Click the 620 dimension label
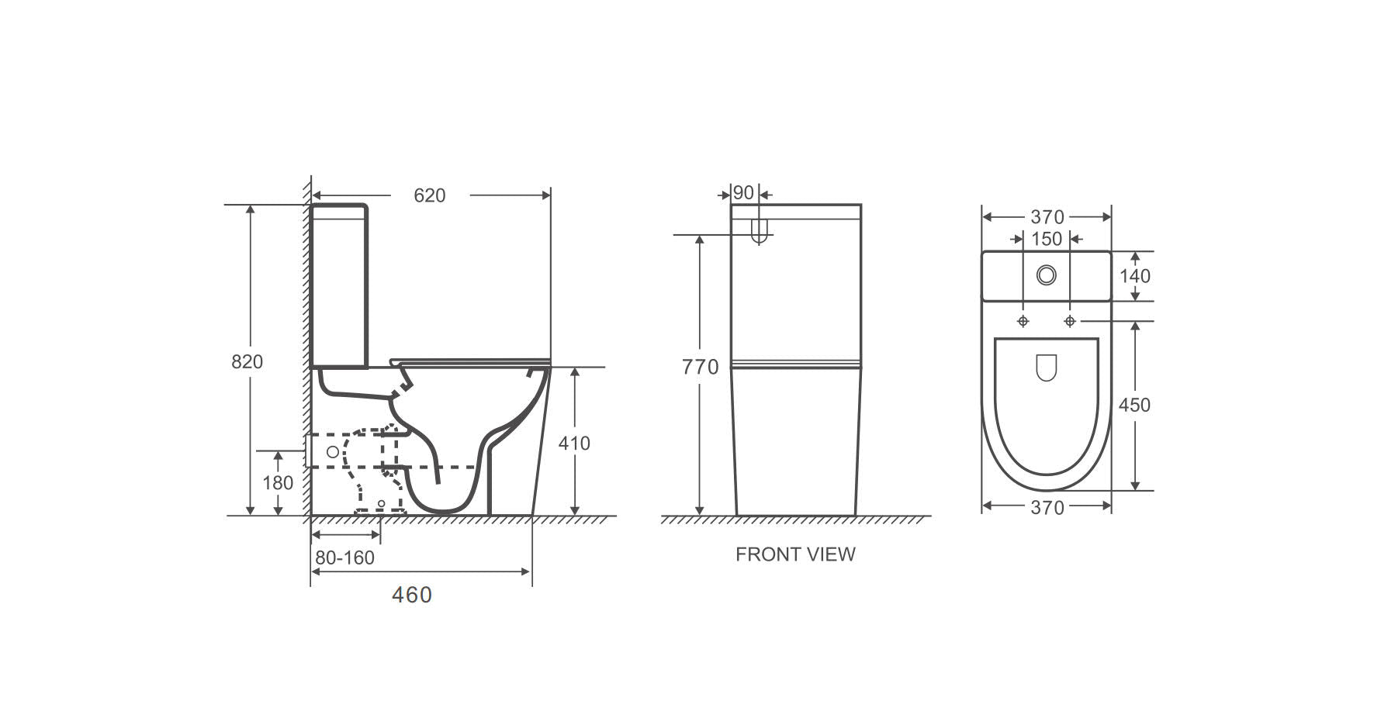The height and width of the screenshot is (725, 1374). (429, 195)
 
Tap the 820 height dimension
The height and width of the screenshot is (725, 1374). (247, 361)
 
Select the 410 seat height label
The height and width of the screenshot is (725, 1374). (574, 443)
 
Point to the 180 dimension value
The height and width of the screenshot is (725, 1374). (278, 482)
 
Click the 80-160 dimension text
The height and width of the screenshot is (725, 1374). (344, 558)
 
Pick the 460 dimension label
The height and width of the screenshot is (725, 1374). (412, 595)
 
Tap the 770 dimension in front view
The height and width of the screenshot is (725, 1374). (700, 367)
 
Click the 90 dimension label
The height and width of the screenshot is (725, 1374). (743, 192)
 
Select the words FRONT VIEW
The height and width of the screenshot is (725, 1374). (795, 554)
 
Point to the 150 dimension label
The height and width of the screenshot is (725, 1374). (1047, 239)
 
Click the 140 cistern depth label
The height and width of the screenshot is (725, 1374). (1135, 275)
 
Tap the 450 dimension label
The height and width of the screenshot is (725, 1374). (1134, 405)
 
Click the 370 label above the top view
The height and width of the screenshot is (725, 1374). (1047, 217)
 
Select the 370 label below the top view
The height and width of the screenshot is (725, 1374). (1047, 508)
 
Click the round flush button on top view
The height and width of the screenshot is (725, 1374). (1047, 274)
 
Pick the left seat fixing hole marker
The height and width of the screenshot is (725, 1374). (1023, 321)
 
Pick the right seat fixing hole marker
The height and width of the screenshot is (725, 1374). (1070, 321)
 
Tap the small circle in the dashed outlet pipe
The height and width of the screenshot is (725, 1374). (333, 451)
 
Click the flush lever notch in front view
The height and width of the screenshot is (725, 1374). (760, 231)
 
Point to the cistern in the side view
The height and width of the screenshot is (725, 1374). (339, 286)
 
